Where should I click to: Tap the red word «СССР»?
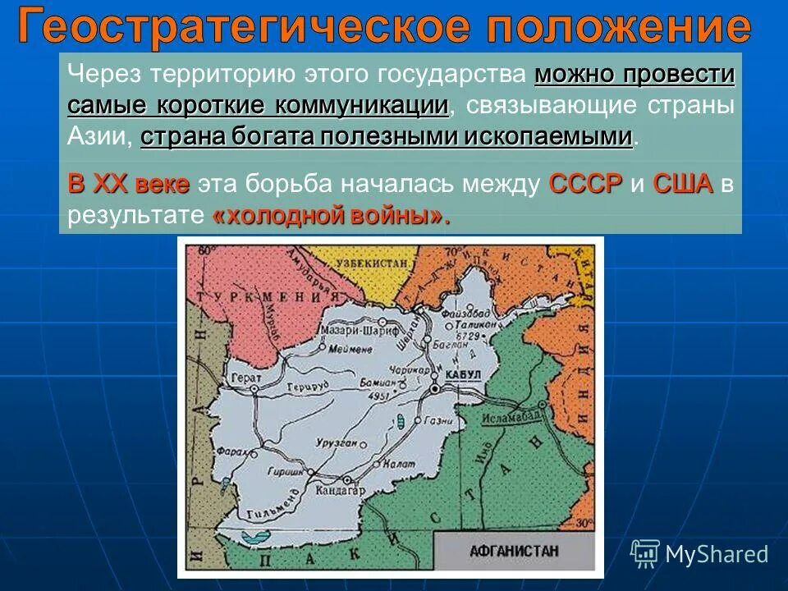[584, 184]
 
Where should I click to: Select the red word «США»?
[683, 184]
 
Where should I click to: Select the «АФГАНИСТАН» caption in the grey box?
[514, 551]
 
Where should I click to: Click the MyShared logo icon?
[646, 553]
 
